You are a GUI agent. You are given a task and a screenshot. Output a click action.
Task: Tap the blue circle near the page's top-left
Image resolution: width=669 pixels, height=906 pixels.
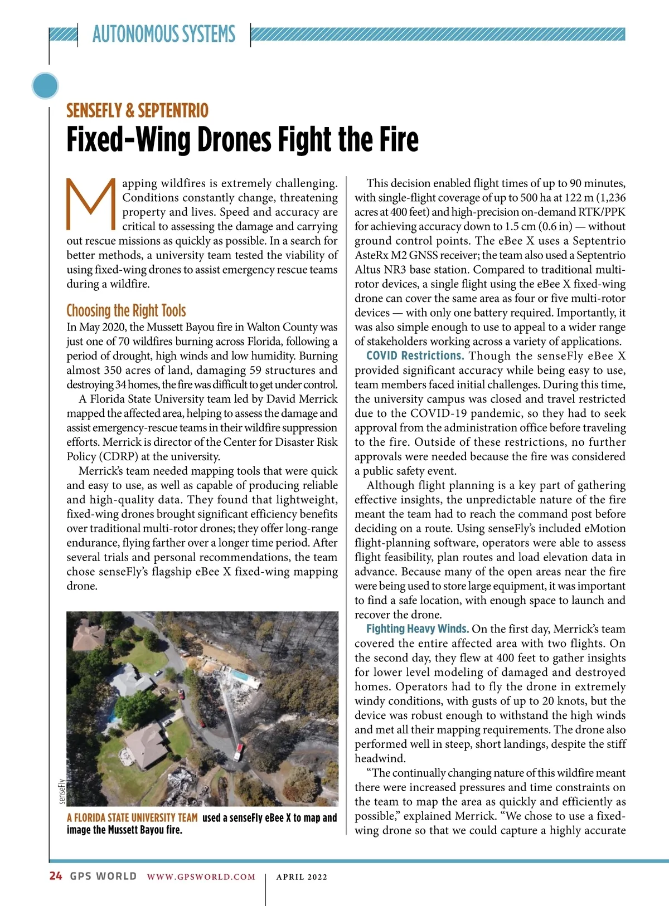[x=46, y=86]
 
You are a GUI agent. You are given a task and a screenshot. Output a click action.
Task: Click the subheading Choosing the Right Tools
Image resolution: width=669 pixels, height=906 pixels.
[x=126, y=310]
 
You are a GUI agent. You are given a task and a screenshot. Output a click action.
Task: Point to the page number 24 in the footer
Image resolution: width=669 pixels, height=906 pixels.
[x=56, y=876]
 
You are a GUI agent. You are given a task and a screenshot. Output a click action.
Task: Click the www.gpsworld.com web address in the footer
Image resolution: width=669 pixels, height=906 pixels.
[x=201, y=876]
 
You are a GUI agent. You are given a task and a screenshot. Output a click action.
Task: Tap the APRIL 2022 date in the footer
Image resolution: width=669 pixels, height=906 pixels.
[x=302, y=876]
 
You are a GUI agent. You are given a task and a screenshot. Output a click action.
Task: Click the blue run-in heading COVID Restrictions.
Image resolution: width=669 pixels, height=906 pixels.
[x=415, y=355]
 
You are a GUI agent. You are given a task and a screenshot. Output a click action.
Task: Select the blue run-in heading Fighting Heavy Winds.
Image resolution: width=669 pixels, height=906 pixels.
[x=417, y=629]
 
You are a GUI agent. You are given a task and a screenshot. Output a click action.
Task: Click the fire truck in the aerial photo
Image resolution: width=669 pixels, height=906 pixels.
[x=238, y=752]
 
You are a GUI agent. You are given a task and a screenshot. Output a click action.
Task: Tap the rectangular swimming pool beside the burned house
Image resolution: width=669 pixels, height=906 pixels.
[x=241, y=676]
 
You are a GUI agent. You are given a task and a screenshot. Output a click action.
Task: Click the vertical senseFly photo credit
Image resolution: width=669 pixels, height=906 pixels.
[x=61, y=791]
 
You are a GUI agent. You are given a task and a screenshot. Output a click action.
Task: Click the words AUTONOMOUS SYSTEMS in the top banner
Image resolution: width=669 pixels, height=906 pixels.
[x=164, y=34]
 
